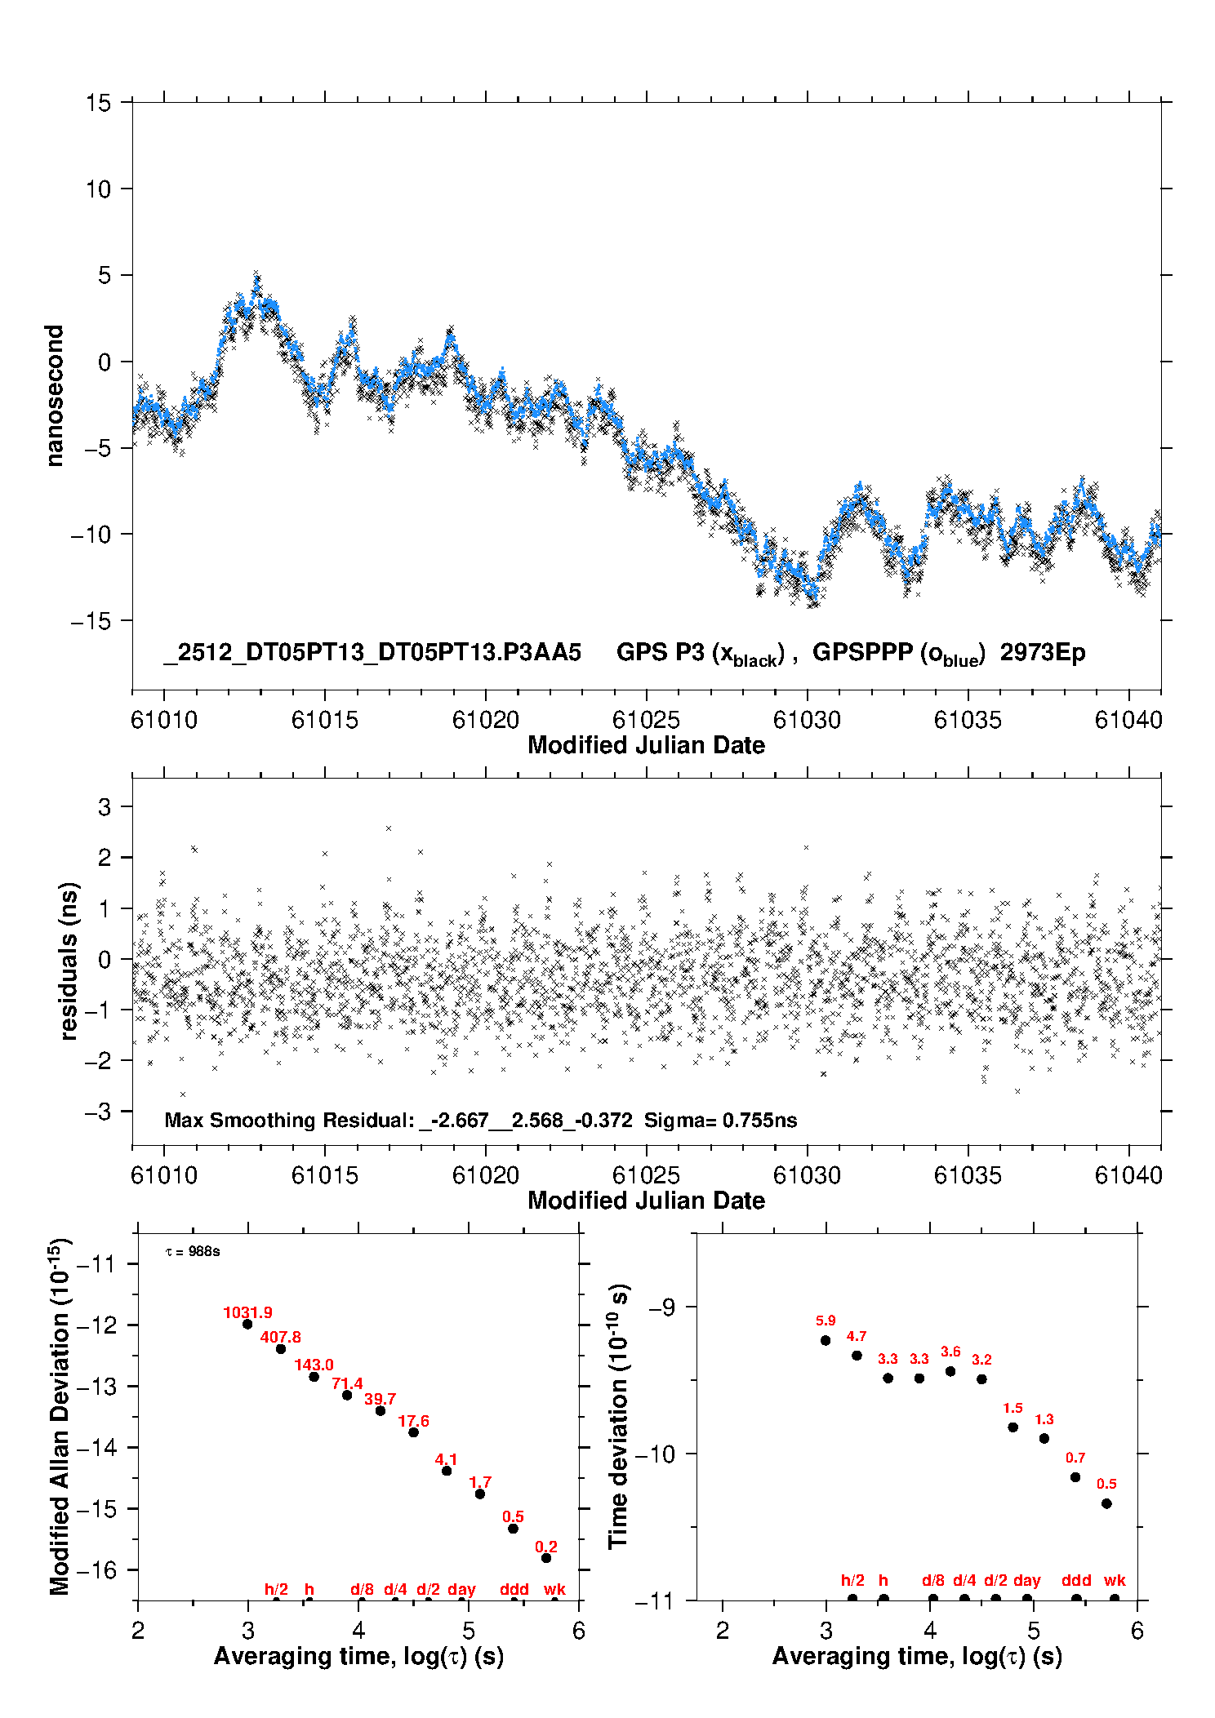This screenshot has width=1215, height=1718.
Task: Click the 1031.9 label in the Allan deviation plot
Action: pyautogui.click(x=247, y=1312)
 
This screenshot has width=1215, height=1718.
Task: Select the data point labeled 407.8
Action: pyautogui.click(x=281, y=1349)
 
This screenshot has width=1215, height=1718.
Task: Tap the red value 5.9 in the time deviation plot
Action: pyautogui.click(x=826, y=1321)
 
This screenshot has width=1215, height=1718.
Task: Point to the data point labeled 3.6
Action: pyautogui.click(x=950, y=1371)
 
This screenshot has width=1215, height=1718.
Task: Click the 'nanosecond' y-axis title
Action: pyautogui.click(x=55, y=395)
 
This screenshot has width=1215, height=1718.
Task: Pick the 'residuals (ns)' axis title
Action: pyautogui.click(x=69, y=961)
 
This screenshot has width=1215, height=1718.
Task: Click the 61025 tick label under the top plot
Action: pyautogui.click(x=646, y=720)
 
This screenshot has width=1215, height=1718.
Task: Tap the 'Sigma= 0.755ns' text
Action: pyautogui.click(x=720, y=1120)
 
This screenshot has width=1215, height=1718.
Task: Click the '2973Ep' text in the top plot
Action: pyautogui.click(x=1043, y=653)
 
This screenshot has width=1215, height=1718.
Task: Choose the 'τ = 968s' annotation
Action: pyautogui.click(x=193, y=1252)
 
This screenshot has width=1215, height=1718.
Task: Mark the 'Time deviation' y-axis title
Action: pyautogui.click(x=619, y=1416)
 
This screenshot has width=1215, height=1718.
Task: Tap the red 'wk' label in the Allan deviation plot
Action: pyautogui.click(x=554, y=1589)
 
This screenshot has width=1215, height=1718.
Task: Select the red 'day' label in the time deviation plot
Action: pyautogui.click(x=1026, y=1580)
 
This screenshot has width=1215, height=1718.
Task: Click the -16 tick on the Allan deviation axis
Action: pyautogui.click(x=96, y=1569)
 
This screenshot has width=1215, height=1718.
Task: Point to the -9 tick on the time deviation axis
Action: pyautogui.click(x=662, y=1307)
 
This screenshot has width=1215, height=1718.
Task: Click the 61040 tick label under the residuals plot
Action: pyautogui.click(x=1128, y=1175)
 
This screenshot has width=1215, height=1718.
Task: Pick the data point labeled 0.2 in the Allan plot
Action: pyautogui.click(x=546, y=1558)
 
